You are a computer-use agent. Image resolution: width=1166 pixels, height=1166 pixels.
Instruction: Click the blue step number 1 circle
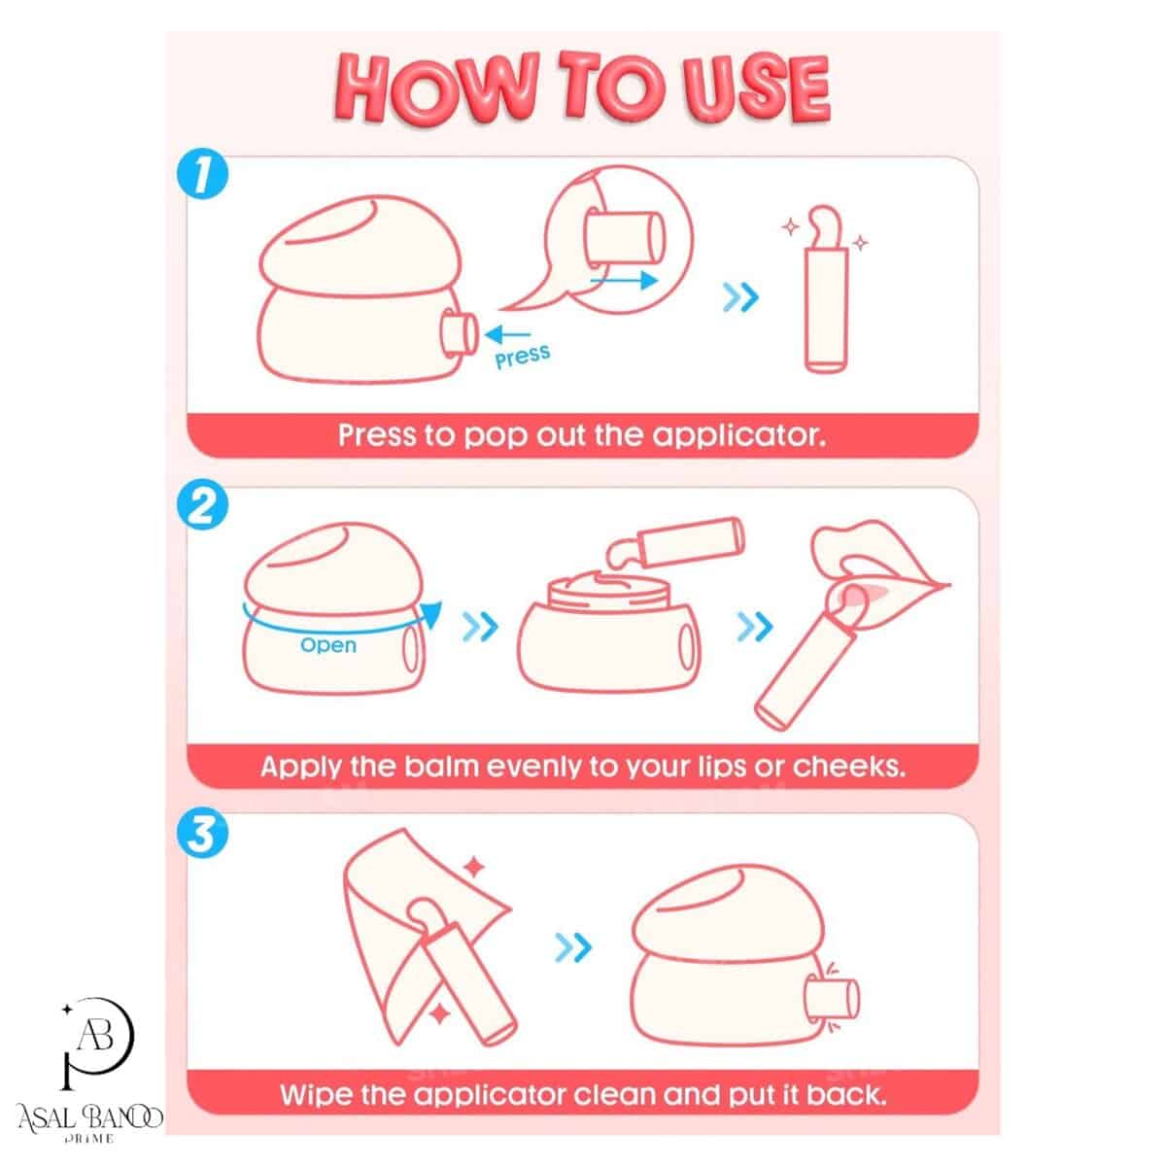click(202, 174)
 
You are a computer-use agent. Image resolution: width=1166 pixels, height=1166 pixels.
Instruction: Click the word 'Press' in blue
click(522, 357)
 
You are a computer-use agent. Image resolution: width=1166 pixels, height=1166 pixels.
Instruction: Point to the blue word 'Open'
click(328, 645)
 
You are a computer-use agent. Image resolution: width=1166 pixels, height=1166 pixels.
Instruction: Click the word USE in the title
click(756, 89)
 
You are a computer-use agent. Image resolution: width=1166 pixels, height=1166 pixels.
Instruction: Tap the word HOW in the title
click(435, 89)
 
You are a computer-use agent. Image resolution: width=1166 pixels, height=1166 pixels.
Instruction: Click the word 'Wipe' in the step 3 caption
click(316, 1095)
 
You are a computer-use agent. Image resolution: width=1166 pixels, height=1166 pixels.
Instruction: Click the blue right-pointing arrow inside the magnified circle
click(624, 280)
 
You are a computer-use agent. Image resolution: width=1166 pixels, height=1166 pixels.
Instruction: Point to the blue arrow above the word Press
click(507, 334)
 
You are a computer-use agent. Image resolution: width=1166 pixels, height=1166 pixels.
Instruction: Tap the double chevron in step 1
click(740, 297)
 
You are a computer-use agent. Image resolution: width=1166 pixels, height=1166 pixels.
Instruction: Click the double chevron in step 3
click(573, 947)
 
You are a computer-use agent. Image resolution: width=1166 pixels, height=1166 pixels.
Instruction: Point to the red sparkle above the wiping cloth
click(474, 867)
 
